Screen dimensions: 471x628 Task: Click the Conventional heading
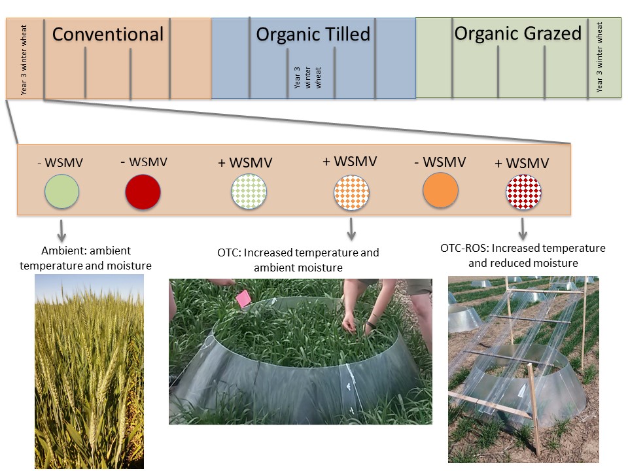tap(107, 34)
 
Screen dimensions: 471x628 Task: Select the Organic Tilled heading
tap(313, 34)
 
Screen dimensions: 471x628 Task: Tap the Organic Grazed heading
tap(517, 33)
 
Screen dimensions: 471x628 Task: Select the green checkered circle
tap(249, 192)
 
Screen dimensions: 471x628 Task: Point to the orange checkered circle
tap(351, 192)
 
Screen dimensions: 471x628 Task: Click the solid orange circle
tap(440, 190)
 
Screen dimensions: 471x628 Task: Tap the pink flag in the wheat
tap(243, 299)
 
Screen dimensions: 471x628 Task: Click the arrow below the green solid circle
tap(61, 230)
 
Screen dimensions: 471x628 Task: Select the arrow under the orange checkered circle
tap(351, 228)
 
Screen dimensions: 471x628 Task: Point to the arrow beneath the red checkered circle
tap(523, 228)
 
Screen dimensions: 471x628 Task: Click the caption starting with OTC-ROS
tap(523, 255)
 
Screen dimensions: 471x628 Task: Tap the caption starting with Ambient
tap(86, 258)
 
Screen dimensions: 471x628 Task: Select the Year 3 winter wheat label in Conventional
tap(24, 61)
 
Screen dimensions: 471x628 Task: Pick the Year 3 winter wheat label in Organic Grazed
tap(600, 57)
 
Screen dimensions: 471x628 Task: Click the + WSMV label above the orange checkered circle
tap(349, 161)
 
